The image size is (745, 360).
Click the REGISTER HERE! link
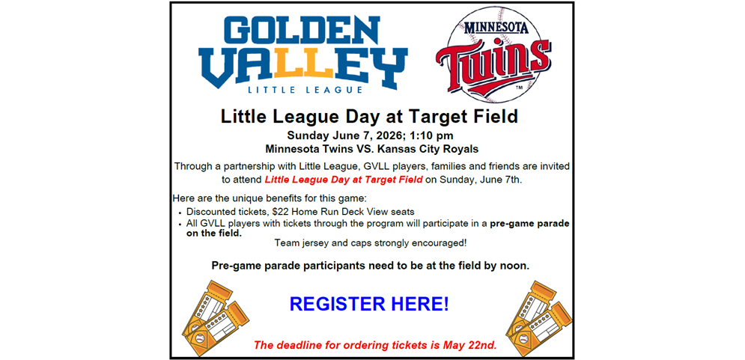coord(369,304)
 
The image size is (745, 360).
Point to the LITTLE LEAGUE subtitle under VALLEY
coord(305,89)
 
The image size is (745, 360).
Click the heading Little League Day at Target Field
coord(369,117)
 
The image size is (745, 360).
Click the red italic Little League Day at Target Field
coord(344,180)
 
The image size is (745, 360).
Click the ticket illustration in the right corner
coord(538,319)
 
